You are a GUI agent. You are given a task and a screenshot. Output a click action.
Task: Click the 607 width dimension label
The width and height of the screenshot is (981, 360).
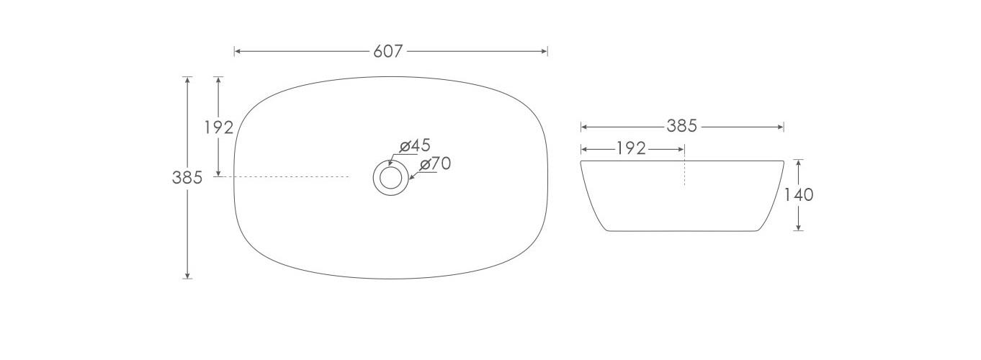(388, 52)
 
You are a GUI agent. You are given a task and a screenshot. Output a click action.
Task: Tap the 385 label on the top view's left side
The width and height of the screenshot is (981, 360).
(187, 178)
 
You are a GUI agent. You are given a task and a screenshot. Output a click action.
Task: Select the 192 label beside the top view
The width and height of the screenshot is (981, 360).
(218, 127)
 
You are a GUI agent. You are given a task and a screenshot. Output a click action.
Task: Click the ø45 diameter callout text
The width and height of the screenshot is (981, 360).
(415, 145)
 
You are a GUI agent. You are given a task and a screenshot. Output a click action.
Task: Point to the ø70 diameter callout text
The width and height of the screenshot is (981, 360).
(435, 163)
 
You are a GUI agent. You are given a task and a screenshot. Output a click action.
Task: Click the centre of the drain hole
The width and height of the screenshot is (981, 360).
(390, 177)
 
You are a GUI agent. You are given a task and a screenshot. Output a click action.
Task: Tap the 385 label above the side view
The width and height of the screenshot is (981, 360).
(682, 127)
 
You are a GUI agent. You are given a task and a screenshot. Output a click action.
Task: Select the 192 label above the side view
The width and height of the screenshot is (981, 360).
(631, 149)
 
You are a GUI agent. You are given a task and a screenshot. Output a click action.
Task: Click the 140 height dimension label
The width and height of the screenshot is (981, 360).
(798, 195)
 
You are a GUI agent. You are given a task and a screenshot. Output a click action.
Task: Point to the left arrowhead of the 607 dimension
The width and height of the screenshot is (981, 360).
(237, 52)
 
